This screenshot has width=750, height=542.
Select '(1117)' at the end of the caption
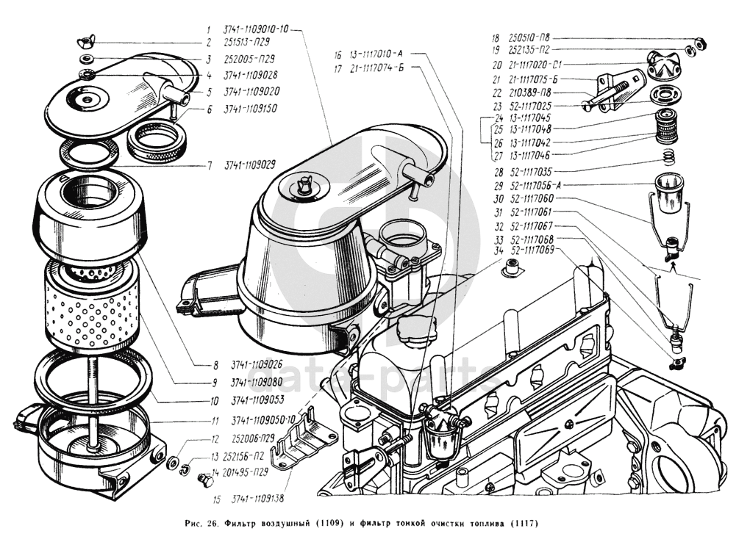tap(524, 524)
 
